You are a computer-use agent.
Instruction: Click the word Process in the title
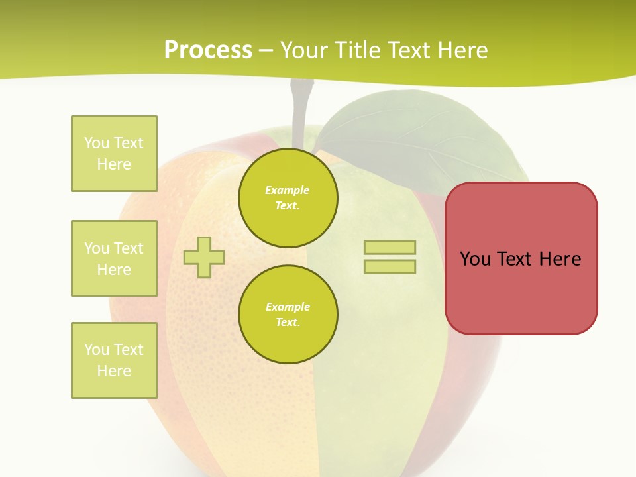[208, 50]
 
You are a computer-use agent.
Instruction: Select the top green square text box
[114, 154]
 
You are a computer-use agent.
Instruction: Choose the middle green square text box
[114, 258]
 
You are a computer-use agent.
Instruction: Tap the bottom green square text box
[114, 360]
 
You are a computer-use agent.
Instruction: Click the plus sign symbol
[204, 257]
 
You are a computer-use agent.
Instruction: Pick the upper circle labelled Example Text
[288, 197]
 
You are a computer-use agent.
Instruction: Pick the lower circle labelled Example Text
[288, 314]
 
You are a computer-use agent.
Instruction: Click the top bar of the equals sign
[390, 247]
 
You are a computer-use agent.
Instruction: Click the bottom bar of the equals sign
[390, 266]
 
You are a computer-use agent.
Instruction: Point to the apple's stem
[299, 109]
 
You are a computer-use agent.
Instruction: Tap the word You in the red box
[475, 259]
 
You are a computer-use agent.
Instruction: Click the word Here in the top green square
[114, 164]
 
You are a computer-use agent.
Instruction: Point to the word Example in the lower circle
[288, 307]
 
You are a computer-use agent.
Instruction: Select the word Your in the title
[304, 50]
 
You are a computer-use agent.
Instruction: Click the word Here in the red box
[560, 259]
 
